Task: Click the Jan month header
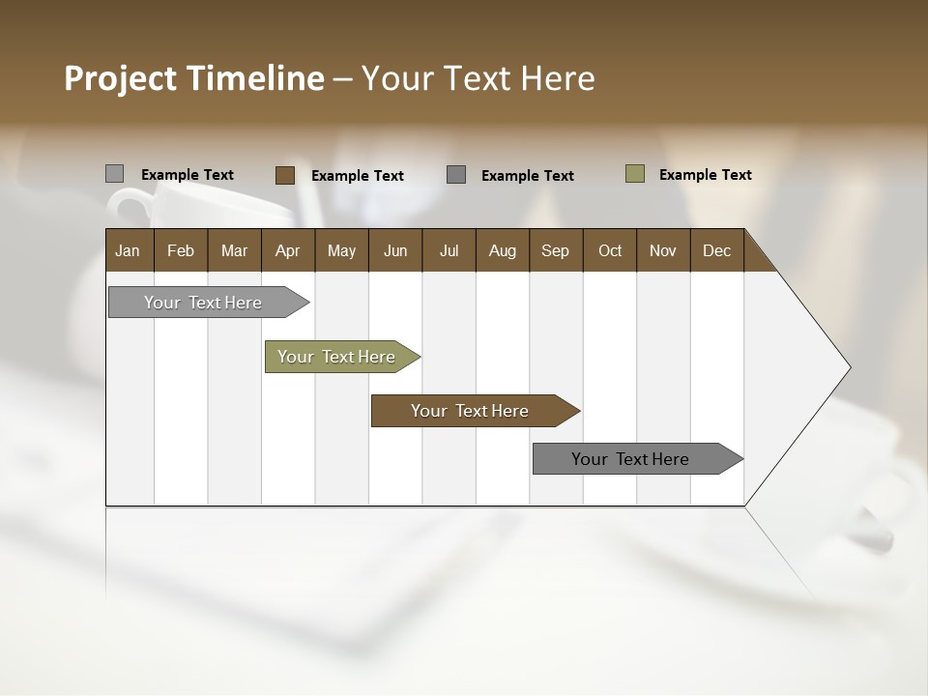pyautogui.click(x=129, y=250)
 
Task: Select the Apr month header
pyautogui.click(x=288, y=250)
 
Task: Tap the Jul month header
pyautogui.click(x=449, y=250)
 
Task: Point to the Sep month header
pyautogui.click(x=555, y=250)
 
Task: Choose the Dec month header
pyautogui.click(x=716, y=250)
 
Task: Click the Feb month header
pyautogui.click(x=181, y=250)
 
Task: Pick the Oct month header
pyautogui.click(x=610, y=250)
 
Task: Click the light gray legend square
pyautogui.click(x=114, y=174)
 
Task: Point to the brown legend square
pyautogui.click(x=284, y=175)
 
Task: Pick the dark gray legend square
pyautogui.click(x=456, y=175)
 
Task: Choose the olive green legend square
pyautogui.click(x=634, y=174)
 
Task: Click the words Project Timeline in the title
pyautogui.click(x=193, y=78)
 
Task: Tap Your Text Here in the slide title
pyautogui.click(x=478, y=78)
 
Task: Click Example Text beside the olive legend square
pyautogui.click(x=705, y=175)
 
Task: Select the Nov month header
pyautogui.click(x=663, y=250)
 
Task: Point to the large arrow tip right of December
pyautogui.click(x=812, y=367)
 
